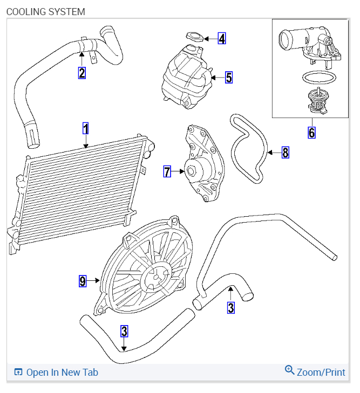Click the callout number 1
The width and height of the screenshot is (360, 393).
(85, 128)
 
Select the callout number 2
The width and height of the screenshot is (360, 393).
(81, 72)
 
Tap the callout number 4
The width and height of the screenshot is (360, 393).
(222, 38)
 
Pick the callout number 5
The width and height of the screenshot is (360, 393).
(229, 78)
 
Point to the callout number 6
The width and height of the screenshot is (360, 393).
(311, 132)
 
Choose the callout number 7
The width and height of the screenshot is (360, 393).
(167, 172)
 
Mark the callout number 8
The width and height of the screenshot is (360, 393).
(286, 153)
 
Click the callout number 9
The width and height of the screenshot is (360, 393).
(83, 280)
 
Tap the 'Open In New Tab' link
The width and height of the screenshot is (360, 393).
(62, 372)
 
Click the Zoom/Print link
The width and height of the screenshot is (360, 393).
(321, 372)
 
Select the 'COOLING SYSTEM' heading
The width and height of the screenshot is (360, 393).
(45, 11)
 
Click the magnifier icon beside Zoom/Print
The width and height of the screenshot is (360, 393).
(290, 370)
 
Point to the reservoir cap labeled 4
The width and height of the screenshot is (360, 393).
(194, 37)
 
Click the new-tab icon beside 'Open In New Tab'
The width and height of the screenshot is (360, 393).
(18, 372)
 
